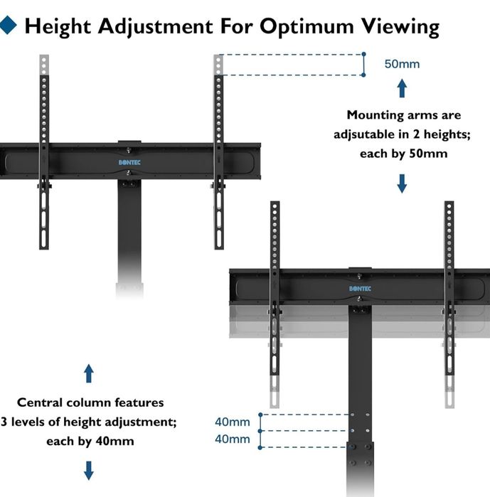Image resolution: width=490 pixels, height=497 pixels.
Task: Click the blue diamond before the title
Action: tap(9, 26)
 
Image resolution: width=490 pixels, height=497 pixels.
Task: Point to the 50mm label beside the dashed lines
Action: tap(402, 64)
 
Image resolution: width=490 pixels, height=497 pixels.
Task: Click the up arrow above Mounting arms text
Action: tap(402, 88)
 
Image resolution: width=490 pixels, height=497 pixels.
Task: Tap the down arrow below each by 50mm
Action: tap(402, 183)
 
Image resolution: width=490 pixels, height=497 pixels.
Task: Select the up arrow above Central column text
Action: tap(89, 373)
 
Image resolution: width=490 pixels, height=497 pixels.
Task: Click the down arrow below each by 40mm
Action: tap(89, 470)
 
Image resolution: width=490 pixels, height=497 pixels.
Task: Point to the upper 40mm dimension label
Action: tap(233, 422)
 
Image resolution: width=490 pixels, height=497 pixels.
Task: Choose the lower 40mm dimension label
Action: tap(233, 439)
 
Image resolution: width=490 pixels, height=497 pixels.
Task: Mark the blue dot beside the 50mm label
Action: tap(363, 54)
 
